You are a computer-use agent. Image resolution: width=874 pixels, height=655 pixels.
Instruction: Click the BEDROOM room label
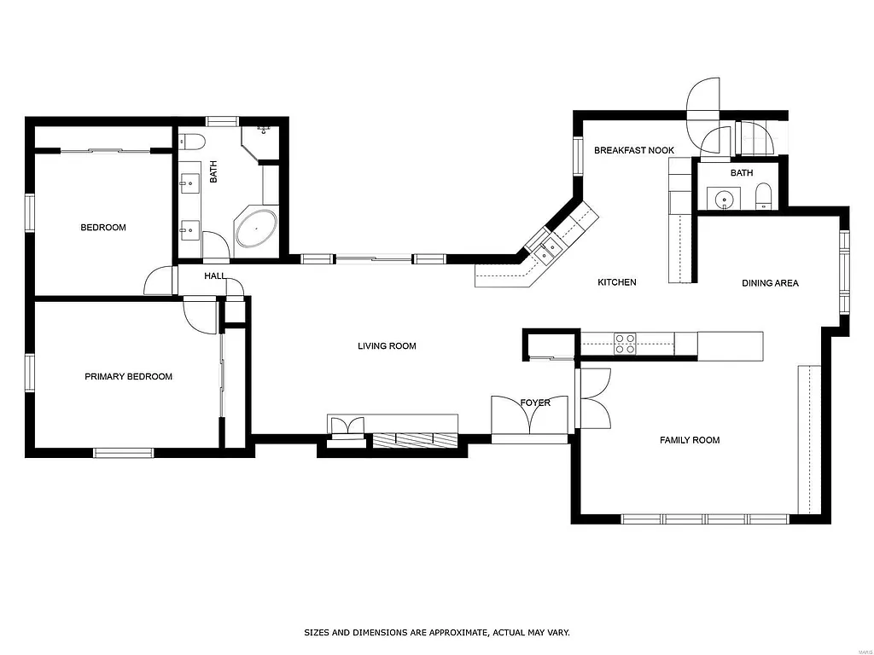coord(103,228)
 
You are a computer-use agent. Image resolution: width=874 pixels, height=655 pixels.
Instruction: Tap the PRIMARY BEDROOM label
coord(128,377)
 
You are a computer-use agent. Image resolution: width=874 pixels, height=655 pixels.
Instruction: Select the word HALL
coord(215,276)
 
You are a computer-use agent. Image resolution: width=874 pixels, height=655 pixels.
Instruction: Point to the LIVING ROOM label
coord(387,346)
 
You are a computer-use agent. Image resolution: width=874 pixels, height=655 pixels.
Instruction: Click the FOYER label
coord(535,403)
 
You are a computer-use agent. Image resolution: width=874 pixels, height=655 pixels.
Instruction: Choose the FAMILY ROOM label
coord(690,440)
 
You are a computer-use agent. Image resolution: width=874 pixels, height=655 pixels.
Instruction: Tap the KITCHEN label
coord(616,282)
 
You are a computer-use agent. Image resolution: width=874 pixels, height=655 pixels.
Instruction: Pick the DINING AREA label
coord(770,283)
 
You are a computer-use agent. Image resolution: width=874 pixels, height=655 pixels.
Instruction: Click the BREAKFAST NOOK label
coord(634,151)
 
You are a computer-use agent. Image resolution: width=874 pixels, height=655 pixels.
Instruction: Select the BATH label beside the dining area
coord(742,173)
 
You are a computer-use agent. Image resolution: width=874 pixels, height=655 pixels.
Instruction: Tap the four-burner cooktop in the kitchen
coord(625,343)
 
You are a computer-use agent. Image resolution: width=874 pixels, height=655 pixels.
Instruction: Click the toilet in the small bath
coord(764,197)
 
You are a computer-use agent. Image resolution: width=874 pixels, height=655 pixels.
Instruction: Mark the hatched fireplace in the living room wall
coord(415,439)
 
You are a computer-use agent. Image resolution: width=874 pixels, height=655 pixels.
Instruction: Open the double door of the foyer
coord(530,416)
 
